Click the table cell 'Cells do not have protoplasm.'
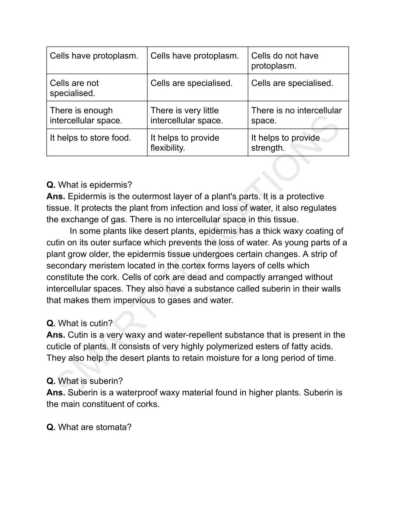tap(298, 60)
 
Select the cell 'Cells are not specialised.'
tap(96, 88)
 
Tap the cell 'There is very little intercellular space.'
tap(197, 115)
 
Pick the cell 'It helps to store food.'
tap(96, 142)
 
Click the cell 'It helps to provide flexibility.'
tap(197, 143)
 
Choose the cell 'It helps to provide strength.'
tap(298, 143)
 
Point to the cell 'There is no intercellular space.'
tap(298, 115)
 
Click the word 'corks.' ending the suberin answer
tap(148, 404)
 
